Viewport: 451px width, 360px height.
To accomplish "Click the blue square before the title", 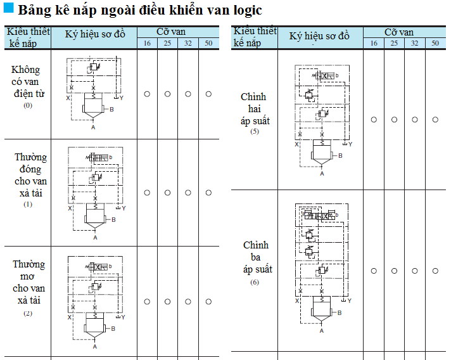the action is (9, 10).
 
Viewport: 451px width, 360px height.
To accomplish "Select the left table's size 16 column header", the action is (147, 43).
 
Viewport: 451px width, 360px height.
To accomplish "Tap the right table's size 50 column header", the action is (435, 43).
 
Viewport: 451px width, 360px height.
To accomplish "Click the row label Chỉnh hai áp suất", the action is (254, 109).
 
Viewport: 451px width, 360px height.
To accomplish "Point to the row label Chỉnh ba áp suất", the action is (255, 257).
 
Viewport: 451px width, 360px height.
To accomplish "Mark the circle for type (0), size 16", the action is (147, 94).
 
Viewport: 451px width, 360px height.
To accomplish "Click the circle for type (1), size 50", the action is (209, 192).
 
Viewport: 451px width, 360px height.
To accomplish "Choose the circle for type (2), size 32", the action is (188, 301).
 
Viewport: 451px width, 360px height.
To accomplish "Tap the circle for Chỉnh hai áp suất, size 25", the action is (394, 119).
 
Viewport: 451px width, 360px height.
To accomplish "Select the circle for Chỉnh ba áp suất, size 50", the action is (435, 271).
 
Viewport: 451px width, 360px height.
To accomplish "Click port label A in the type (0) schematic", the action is (94, 127).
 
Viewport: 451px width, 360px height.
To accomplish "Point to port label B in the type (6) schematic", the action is (340, 313).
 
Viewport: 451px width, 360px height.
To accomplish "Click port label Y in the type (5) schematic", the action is (350, 144).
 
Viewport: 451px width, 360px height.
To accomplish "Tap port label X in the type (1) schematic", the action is (70, 208).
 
